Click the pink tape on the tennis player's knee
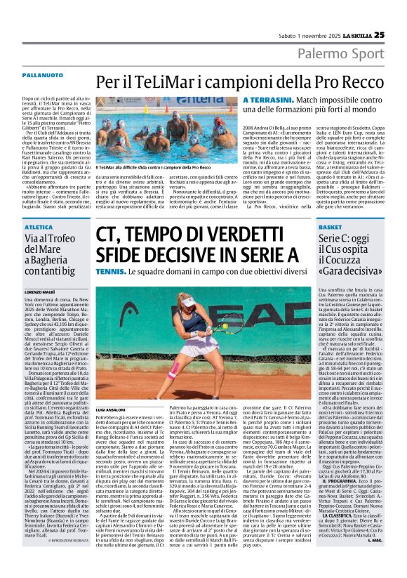(174, 370)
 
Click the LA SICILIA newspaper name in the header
(353, 35)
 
